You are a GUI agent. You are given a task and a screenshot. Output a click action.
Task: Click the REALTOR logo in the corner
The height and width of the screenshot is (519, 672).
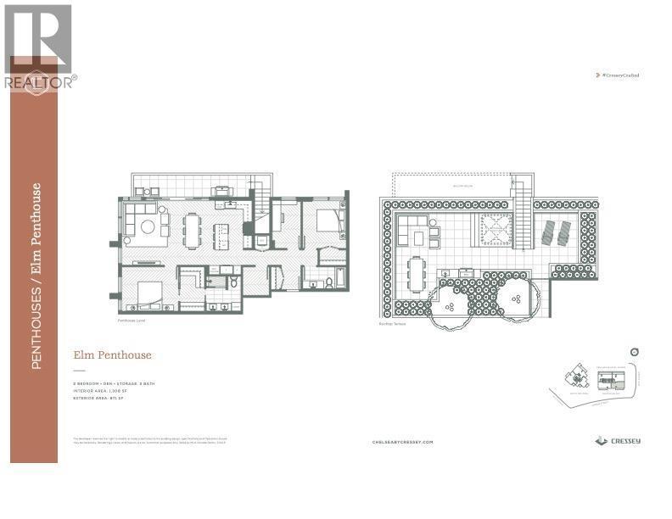[39, 47]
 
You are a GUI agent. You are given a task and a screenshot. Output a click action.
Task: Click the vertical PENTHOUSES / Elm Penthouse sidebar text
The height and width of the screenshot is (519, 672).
[36, 276]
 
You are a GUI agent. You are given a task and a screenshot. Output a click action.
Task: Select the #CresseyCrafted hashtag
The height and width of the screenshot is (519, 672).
[619, 75]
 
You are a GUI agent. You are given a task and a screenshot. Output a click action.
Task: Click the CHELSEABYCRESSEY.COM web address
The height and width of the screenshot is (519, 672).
[402, 442]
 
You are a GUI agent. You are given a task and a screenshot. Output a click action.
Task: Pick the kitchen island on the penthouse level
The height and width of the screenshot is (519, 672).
[221, 232]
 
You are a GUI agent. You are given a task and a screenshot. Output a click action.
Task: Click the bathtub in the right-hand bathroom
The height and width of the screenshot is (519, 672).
[340, 276]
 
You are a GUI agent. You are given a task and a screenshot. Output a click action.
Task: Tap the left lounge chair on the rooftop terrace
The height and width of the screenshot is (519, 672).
[546, 230]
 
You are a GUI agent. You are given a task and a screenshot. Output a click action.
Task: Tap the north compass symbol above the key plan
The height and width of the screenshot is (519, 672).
[634, 352]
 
